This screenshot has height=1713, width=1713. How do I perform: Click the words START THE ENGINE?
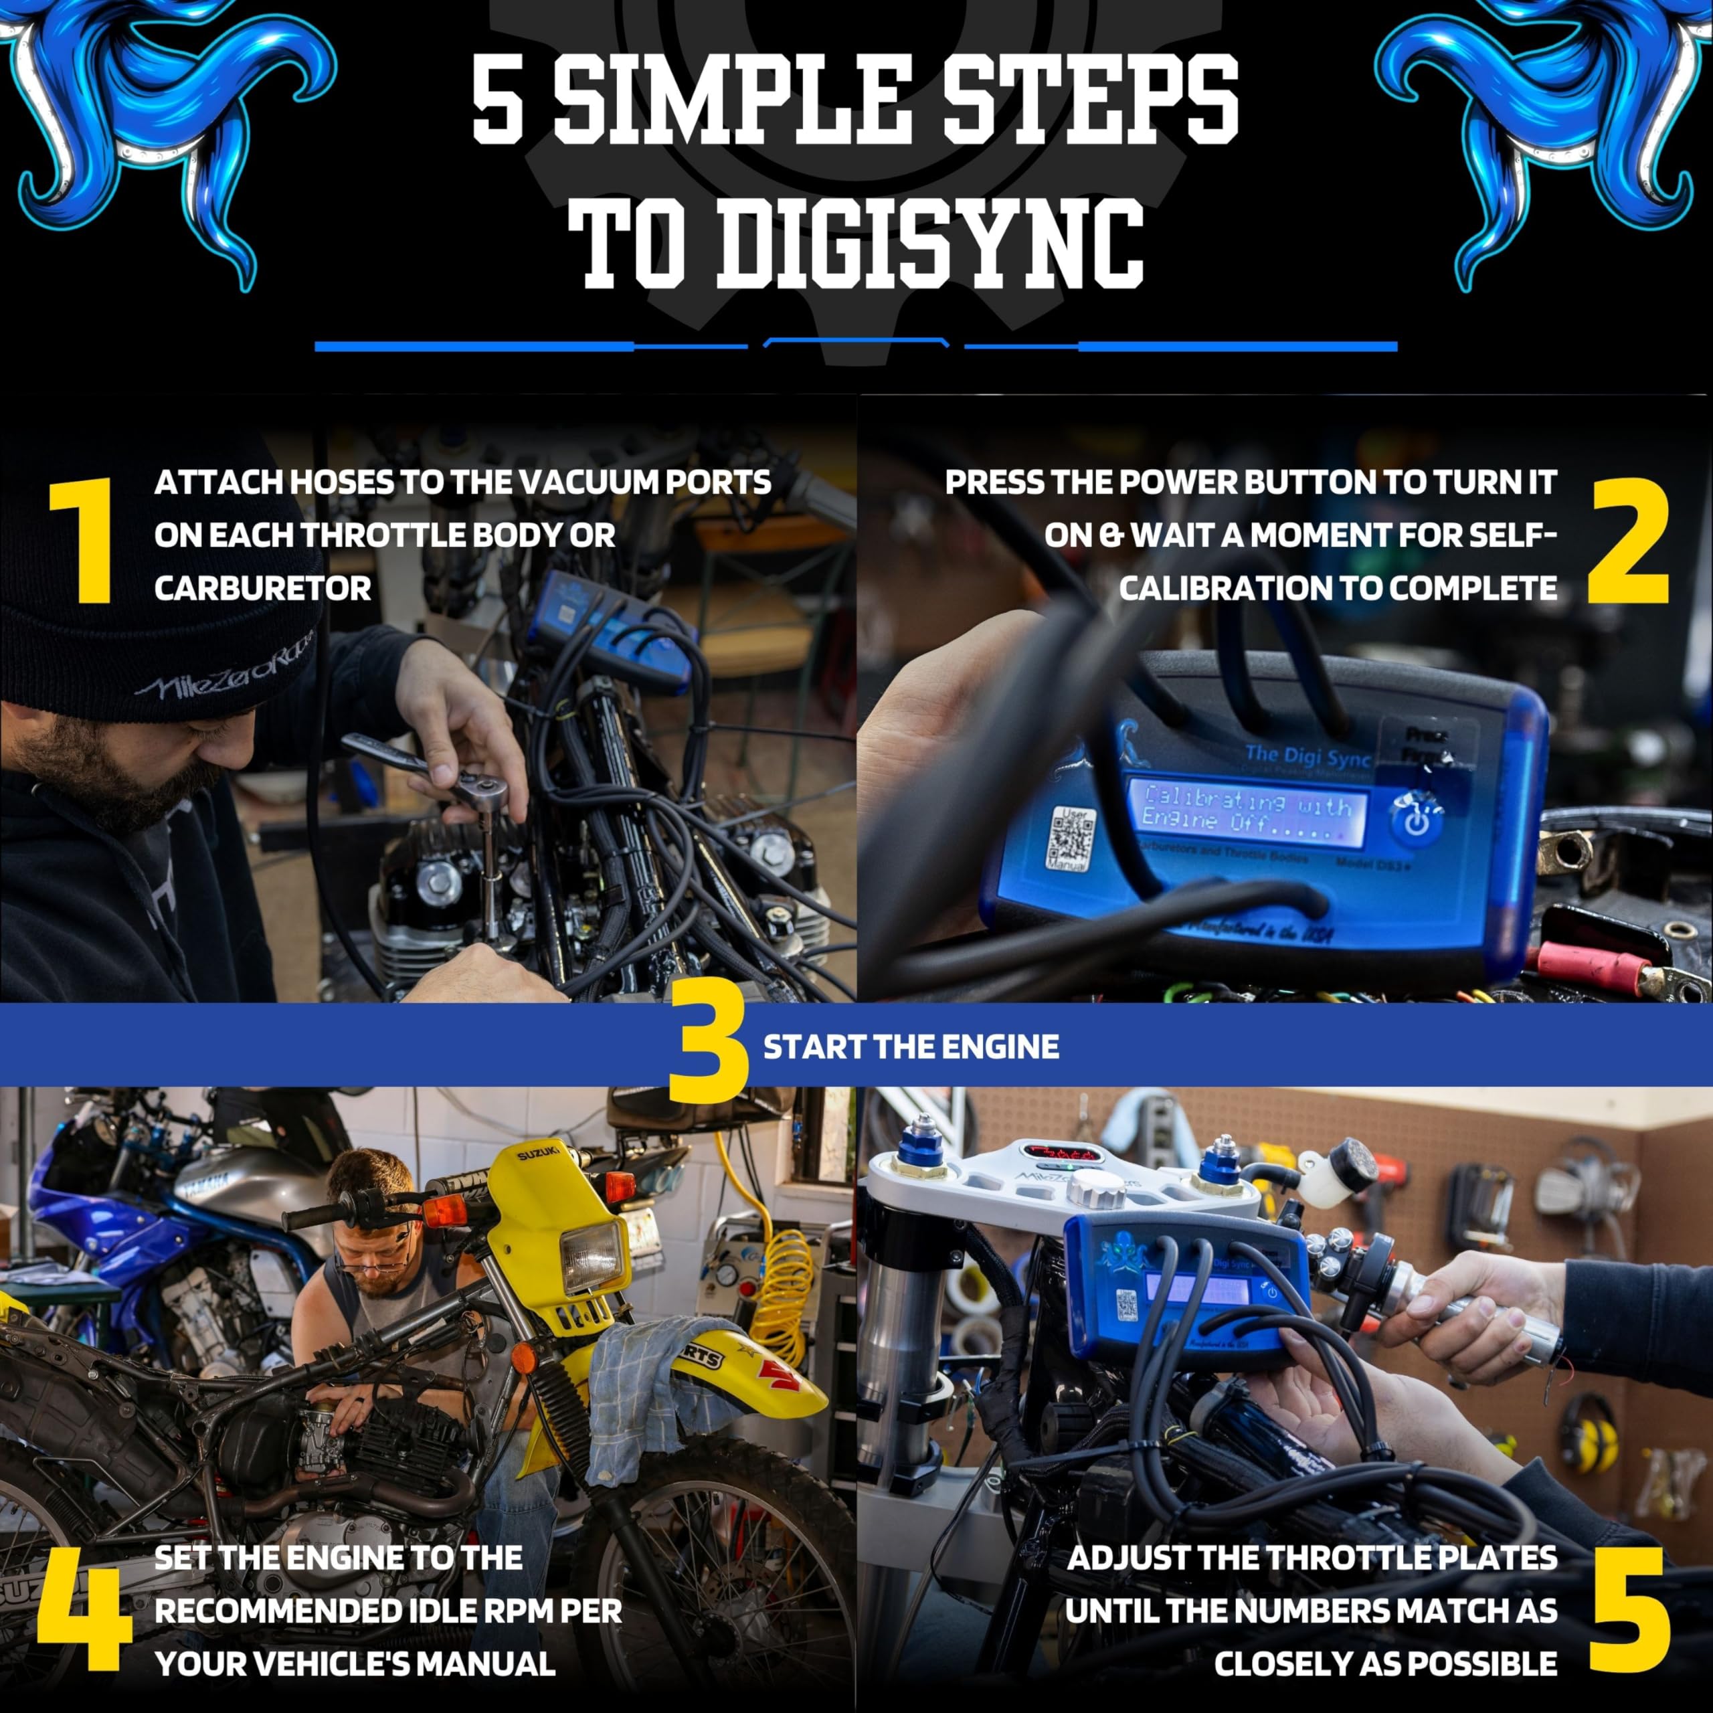[911, 1047]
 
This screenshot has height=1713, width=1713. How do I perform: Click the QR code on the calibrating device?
[1073, 837]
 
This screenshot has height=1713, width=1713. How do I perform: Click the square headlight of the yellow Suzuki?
[592, 1257]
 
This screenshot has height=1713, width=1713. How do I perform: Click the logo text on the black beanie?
[226, 679]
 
